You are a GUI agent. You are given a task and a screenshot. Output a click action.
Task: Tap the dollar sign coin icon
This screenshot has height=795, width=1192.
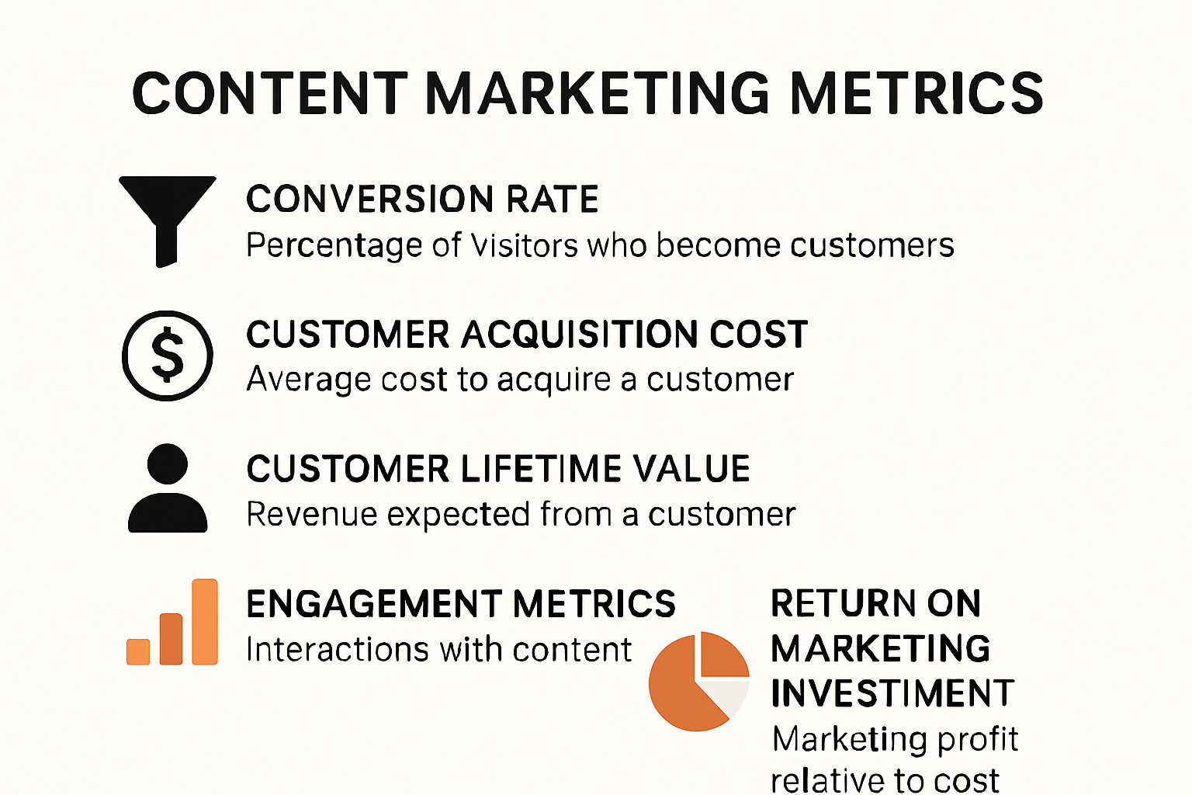(168, 356)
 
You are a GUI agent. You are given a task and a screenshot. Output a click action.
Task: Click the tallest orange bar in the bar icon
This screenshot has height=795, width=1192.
(205, 622)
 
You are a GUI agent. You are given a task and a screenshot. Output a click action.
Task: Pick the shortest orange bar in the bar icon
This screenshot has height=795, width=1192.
(138, 651)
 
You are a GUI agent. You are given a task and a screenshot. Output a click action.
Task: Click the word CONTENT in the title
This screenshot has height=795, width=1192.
(270, 93)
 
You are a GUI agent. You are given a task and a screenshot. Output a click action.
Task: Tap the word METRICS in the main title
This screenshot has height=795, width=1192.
(917, 93)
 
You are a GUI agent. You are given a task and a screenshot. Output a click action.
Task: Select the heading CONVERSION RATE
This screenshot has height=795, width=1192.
(422, 200)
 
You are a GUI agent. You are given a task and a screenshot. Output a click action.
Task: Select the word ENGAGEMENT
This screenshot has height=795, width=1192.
(372, 604)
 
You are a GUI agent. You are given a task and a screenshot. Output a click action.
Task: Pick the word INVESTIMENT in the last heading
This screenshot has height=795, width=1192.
(892, 693)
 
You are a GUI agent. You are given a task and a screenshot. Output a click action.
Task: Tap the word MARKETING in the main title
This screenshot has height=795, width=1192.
(598, 93)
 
